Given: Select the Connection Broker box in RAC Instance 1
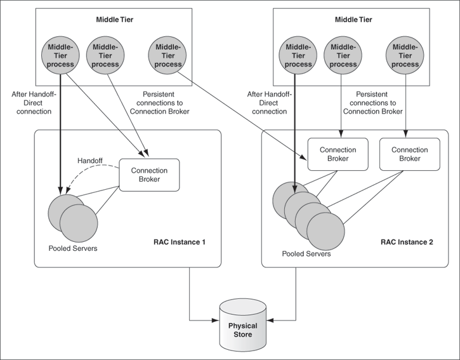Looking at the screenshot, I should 148,175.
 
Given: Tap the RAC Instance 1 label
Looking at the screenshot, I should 180,242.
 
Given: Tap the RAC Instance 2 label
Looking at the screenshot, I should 407,242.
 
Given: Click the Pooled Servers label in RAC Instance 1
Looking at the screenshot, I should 73,248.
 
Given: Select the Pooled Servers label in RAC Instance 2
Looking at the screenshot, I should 306,253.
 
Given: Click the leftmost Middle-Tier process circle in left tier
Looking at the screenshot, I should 60,55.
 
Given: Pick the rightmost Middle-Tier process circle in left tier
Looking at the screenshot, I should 168,55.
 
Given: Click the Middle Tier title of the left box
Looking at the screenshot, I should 115,20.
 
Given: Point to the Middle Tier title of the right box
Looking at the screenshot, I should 354,20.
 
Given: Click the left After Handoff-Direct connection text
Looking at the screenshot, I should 34,102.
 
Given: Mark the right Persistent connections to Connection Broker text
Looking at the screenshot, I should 372,102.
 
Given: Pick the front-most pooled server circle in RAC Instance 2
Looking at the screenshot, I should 328,232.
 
